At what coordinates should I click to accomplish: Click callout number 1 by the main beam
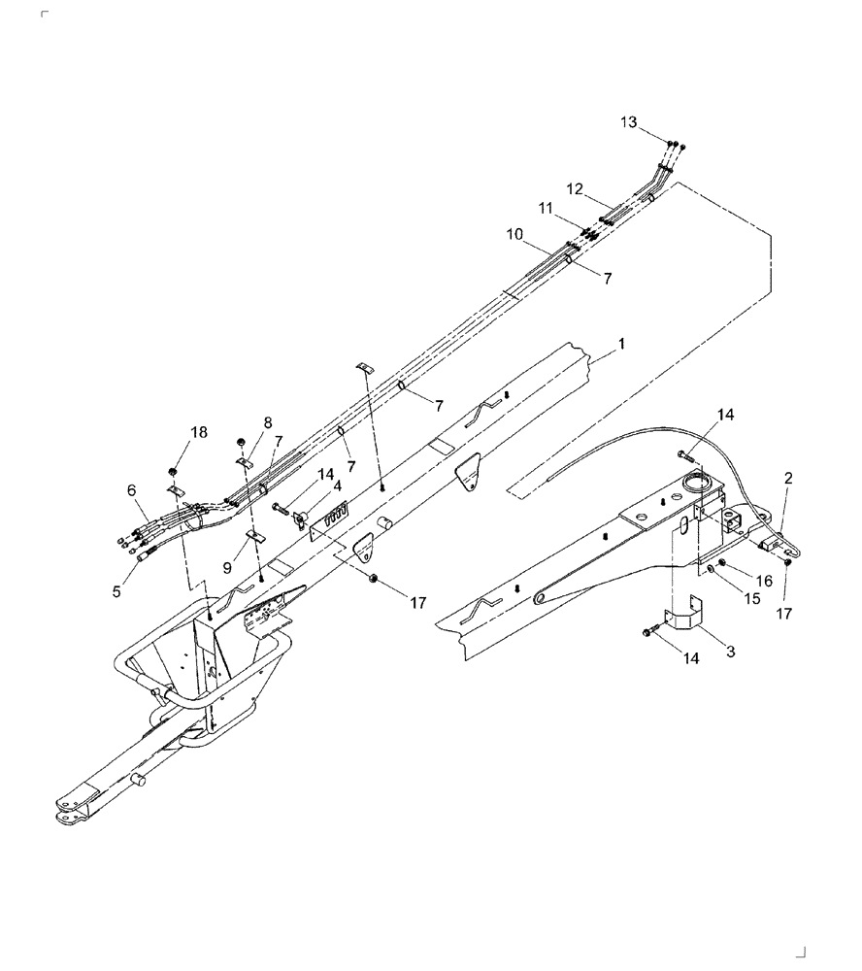(621, 344)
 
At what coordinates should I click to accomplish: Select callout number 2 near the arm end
(788, 478)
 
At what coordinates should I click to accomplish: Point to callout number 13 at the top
(629, 121)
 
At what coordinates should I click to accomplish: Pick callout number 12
(575, 187)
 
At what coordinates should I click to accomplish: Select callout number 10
(514, 234)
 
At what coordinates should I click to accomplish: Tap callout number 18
(198, 432)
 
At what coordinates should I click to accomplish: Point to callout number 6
(131, 492)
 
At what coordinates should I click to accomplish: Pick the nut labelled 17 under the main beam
(374, 580)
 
